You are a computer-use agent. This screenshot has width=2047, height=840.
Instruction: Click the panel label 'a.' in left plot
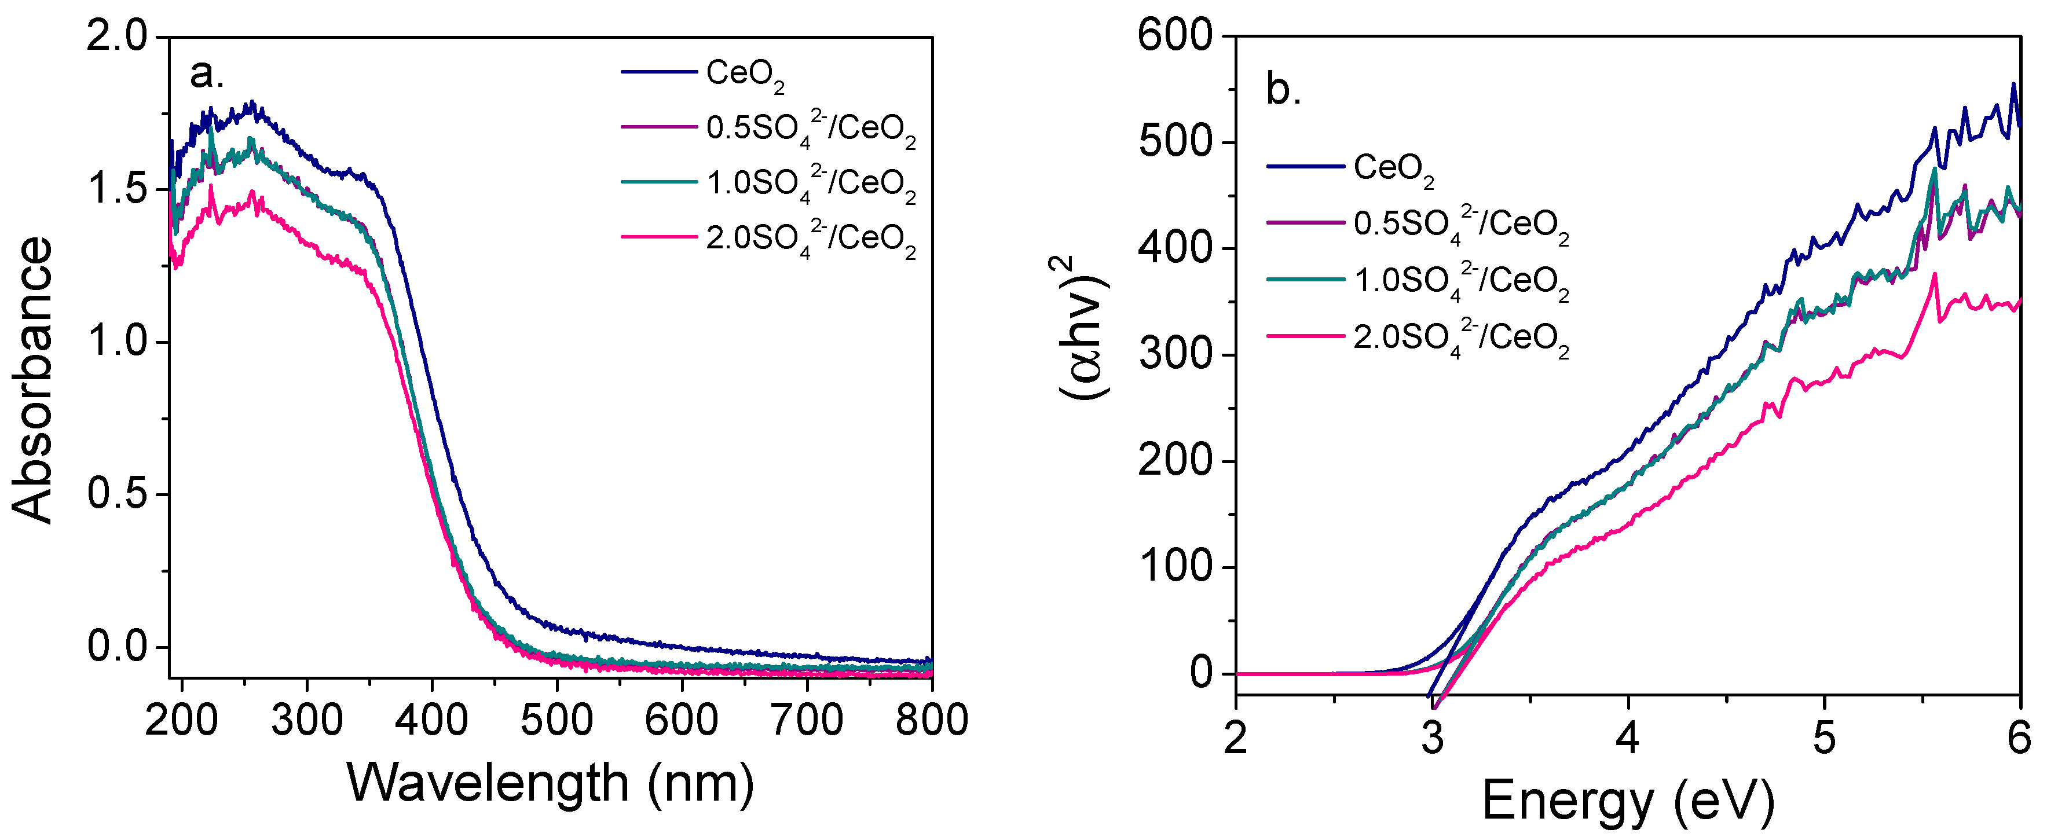coord(207,74)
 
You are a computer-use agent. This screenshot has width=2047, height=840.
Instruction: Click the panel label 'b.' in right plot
coord(1283,90)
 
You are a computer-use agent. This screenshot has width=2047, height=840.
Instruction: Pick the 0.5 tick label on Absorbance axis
coord(118,494)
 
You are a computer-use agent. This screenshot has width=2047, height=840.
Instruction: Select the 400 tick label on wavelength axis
coord(431,721)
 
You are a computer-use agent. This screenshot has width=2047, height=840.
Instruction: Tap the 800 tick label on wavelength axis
coord(931,721)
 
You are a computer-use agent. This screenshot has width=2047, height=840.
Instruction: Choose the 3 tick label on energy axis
coord(1432,738)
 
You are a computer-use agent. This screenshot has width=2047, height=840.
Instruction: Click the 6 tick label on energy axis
coord(2019,738)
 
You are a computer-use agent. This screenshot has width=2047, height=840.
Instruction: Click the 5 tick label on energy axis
coord(1823,738)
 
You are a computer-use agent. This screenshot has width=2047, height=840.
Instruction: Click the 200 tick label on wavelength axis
coord(181,721)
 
